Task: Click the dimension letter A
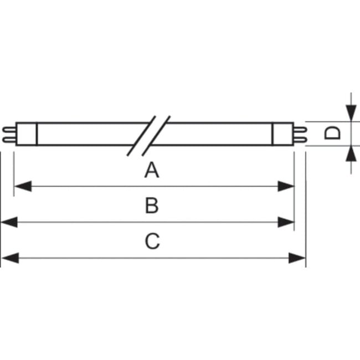[152, 170]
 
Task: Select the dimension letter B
[152, 205]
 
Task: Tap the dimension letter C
[152, 241]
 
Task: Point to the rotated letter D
[332, 133]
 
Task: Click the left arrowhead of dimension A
[23, 186]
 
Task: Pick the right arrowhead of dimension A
[286, 186]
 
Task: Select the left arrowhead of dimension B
[9, 222]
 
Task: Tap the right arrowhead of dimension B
[286, 222]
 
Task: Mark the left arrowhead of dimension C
[11, 258]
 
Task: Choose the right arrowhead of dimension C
[297, 258]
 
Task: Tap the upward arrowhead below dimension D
[351, 153]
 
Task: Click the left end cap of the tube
[27, 134]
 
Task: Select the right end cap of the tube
[283, 134]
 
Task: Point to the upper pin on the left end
[9, 130]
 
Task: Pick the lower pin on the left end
[9, 140]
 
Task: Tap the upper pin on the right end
[300, 130]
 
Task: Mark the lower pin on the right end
[300, 140]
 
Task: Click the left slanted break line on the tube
[141, 136]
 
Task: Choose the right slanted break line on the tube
[156, 136]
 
